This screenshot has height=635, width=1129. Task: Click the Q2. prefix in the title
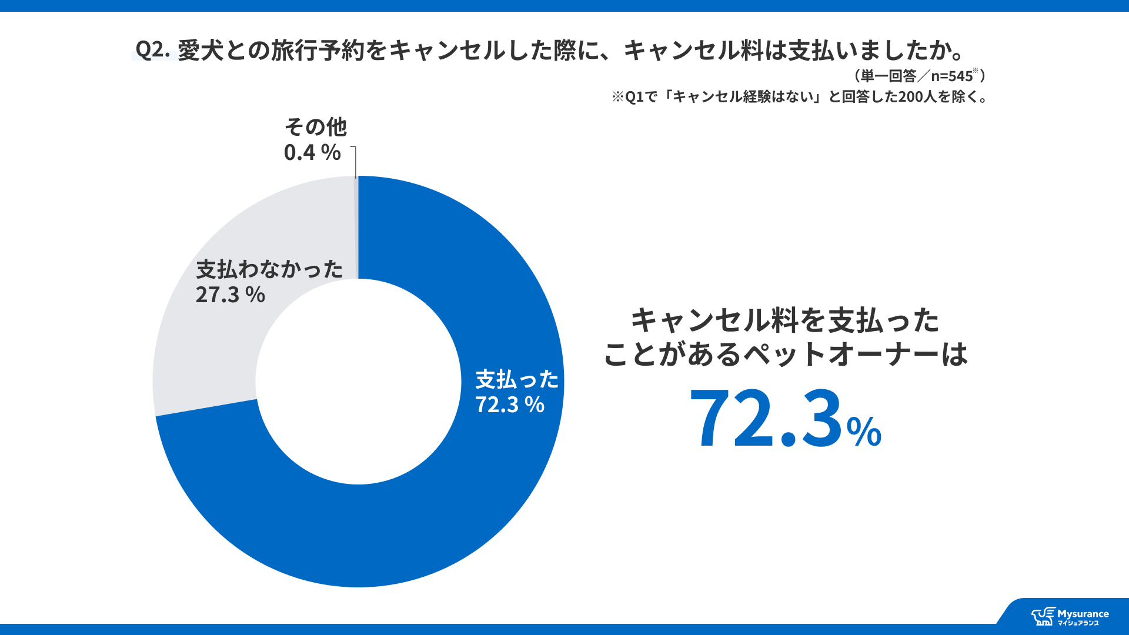click(x=152, y=50)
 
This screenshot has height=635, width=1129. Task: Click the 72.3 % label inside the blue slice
click(x=509, y=405)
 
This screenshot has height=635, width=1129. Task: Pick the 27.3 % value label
click(x=230, y=295)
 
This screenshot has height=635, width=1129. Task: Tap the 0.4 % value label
click(x=312, y=153)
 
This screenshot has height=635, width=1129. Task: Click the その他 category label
click(x=315, y=127)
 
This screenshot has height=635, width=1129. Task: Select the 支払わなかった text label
click(x=269, y=269)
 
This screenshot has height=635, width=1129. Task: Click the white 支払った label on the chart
click(x=516, y=379)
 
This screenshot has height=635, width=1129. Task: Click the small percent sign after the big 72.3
click(x=864, y=432)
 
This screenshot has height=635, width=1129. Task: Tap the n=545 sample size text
click(x=951, y=76)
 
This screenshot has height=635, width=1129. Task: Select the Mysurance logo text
click(x=1083, y=614)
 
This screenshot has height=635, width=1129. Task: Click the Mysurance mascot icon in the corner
click(x=1043, y=617)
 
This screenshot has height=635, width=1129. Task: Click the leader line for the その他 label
click(x=355, y=162)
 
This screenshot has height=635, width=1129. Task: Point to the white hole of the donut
click(x=358, y=382)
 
